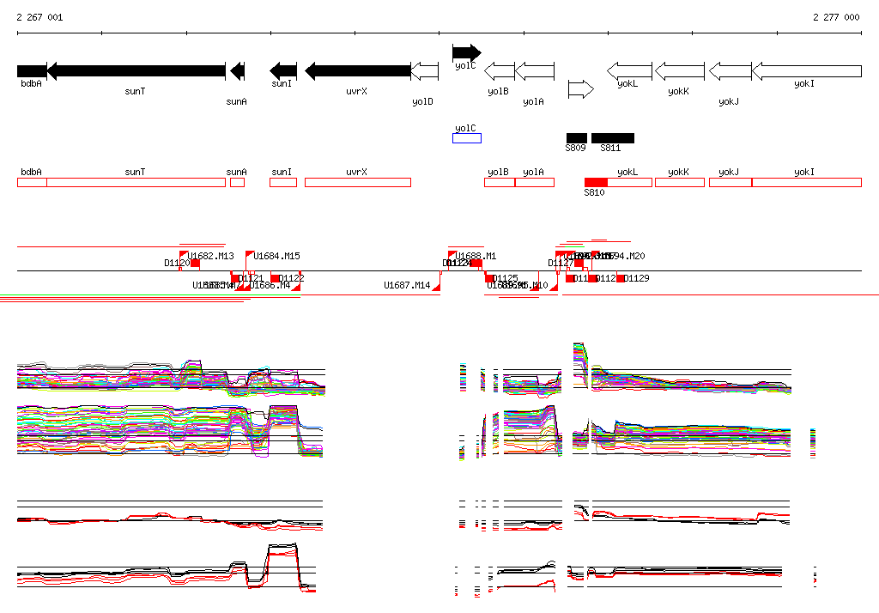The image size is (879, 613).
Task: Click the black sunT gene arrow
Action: pos(136,71)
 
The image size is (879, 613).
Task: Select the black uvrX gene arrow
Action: pos(357,71)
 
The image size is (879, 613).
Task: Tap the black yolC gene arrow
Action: pos(466,52)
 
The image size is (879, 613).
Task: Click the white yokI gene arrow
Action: pos(806,71)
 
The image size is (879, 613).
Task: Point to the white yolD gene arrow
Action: pos(423,71)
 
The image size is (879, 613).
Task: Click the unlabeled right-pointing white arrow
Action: pos(580,89)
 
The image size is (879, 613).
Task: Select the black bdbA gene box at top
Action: pos(32,71)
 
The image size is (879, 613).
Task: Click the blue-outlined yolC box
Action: pos(467,138)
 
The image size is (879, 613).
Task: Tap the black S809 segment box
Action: pos(577,138)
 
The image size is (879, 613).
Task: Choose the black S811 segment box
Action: pos(613,138)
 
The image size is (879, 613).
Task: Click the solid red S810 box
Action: pos(596,182)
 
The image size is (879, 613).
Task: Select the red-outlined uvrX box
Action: pos(357,182)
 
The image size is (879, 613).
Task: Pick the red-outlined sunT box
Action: pos(136,182)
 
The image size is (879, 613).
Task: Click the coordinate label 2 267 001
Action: pos(39,17)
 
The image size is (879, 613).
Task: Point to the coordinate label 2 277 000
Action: pos(836,17)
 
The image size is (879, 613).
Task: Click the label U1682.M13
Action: pos(211,256)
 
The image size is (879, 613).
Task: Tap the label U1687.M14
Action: pos(407,285)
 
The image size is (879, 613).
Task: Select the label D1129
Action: pos(636,278)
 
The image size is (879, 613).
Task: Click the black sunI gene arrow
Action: pos(283,71)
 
